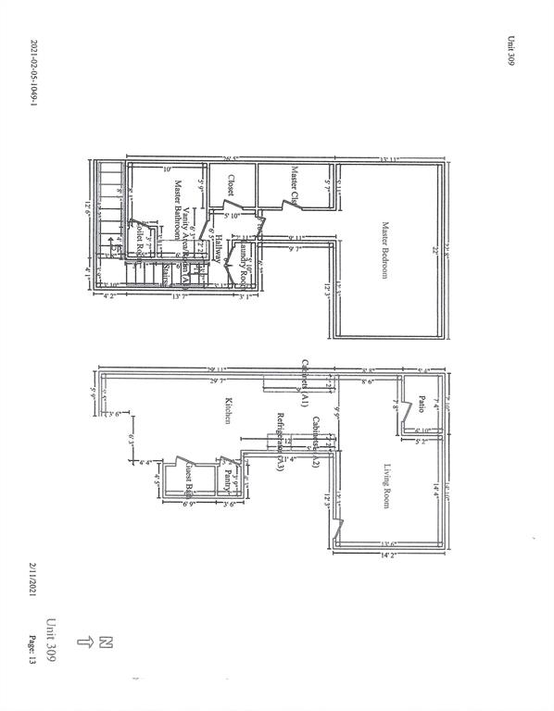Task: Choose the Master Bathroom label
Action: pos(175,210)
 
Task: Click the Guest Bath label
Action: pos(189,480)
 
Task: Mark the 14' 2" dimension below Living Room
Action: pos(387,555)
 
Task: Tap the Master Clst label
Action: pos(295,184)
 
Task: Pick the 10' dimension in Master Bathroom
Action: pos(168,169)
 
